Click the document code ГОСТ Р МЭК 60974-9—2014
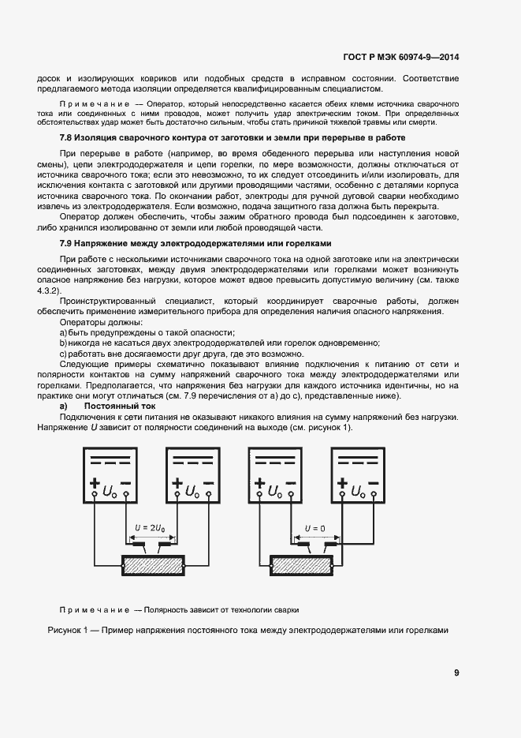click(x=402, y=56)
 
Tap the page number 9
click(x=456, y=672)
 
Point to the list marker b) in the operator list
click(x=64, y=343)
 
